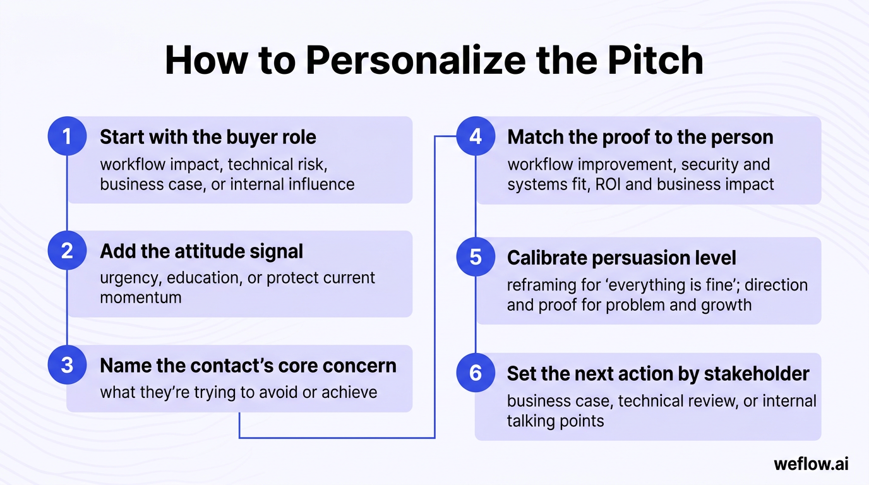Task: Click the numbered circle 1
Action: click(67, 136)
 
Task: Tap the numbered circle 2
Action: click(67, 251)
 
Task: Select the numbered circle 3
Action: click(67, 365)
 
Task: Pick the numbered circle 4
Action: click(475, 136)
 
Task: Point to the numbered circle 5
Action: click(475, 257)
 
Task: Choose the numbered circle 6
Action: click(475, 373)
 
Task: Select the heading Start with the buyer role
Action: click(208, 137)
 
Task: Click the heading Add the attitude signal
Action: click(201, 251)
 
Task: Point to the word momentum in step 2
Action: click(140, 297)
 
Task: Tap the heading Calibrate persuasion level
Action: click(621, 258)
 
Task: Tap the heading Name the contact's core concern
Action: click(248, 366)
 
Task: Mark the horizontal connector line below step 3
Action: click(337, 437)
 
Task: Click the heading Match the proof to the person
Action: click(640, 137)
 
